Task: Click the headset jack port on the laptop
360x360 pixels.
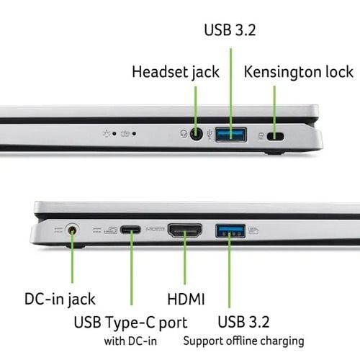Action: tap(197, 134)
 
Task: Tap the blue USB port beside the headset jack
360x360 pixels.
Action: tap(231, 135)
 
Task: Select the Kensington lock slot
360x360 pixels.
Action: tap(275, 137)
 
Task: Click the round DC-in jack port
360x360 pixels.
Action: tap(72, 230)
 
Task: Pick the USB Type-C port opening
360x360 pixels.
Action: tap(130, 230)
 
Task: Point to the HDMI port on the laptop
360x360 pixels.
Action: tap(185, 230)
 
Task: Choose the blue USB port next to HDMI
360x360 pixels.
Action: tap(230, 231)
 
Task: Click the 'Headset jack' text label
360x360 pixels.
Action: tap(176, 72)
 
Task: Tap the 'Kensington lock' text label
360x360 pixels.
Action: tap(298, 72)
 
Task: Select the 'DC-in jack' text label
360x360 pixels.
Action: tap(60, 300)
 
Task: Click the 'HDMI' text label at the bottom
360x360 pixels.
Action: tap(186, 299)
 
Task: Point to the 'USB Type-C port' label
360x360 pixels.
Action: tap(130, 323)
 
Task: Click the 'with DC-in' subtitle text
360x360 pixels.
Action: tap(130, 341)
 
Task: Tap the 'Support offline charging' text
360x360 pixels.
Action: tap(243, 341)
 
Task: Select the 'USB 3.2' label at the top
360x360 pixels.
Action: tap(230, 30)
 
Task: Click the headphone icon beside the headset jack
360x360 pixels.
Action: tap(184, 134)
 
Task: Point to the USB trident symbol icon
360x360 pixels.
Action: tap(210, 135)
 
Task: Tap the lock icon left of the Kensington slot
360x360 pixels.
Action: tap(261, 136)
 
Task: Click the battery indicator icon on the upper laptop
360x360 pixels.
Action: tap(125, 133)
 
